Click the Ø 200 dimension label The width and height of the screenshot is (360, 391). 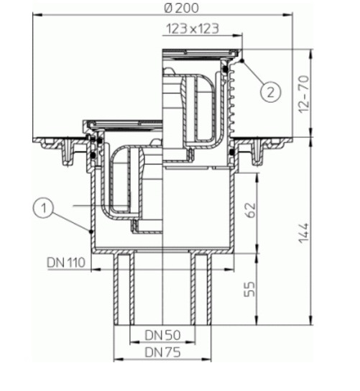click(182, 8)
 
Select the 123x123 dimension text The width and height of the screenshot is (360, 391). click(193, 29)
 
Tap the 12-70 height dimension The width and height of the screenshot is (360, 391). click(304, 94)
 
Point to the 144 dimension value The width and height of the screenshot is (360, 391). click(304, 233)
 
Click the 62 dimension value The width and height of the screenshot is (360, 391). click(250, 210)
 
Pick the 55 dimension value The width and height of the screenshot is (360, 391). click(250, 289)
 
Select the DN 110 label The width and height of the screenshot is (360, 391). click(66, 262)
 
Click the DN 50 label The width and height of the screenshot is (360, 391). click(162, 335)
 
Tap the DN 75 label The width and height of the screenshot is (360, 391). click(162, 352)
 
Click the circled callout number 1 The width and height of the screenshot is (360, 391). click(43, 208)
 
